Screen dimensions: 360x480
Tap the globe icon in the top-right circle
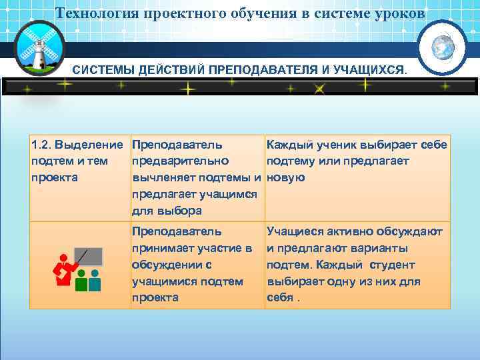click(x=442, y=48)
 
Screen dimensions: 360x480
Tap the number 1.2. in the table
click(x=41, y=145)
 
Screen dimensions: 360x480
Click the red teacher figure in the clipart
click(x=64, y=270)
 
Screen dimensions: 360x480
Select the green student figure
click(x=81, y=281)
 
